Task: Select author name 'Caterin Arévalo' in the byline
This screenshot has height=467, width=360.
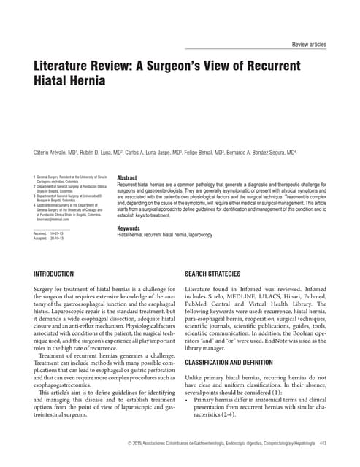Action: pyautogui.click(x=53, y=153)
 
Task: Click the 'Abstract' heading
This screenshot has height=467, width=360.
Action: pyautogui.click(x=127, y=178)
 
